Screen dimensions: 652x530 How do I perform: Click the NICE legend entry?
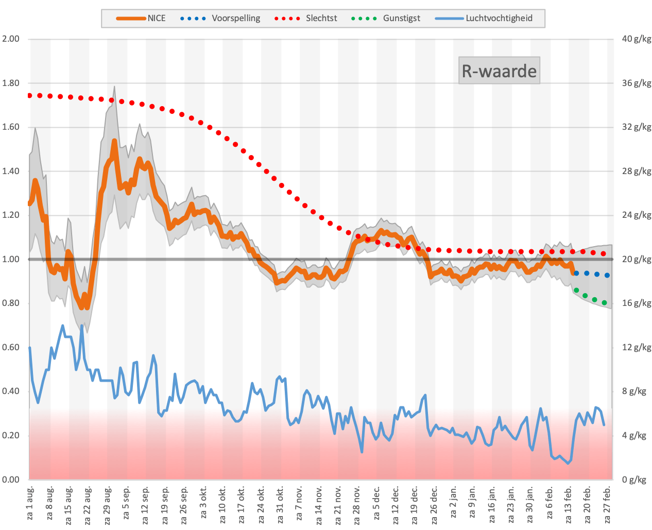[x=141, y=19]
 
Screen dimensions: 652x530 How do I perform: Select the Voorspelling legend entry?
[x=220, y=19]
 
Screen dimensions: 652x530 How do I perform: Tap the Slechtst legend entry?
[x=305, y=19]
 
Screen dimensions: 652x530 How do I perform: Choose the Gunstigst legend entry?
[x=385, y=19]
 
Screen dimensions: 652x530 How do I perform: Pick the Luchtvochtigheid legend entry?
[x=484, y=19]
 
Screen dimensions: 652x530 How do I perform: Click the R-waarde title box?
[x=499, y=71]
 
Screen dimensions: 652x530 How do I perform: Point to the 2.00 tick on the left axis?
[x=11, y=39]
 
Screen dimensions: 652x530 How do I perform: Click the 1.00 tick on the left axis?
[x=11, y=260]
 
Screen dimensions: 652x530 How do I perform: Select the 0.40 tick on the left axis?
[x=11, y=391]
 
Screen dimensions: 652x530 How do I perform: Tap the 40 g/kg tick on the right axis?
[x=637, y=39]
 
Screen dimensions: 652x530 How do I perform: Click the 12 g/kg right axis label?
[x=637, y=347]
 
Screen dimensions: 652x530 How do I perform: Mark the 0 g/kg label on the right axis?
[x=634, y=480]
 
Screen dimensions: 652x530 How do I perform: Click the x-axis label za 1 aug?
[x=30, y=503]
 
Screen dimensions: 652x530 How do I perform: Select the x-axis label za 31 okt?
[x=280, y=505]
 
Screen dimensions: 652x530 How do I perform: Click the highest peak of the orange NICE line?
[x=114, y=141]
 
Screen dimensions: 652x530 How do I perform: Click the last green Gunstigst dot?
[x=604, y=303]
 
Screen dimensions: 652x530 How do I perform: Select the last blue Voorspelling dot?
[x=607, y=276]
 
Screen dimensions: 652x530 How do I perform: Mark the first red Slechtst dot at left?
[x=30, y=95]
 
